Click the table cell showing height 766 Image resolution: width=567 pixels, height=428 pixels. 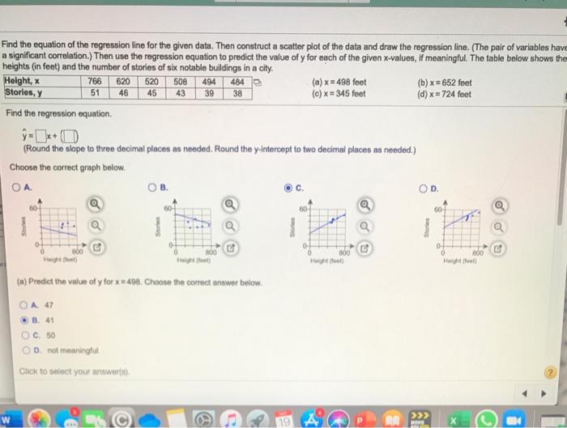pos(94,82)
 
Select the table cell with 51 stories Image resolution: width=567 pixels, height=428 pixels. pos(94,92)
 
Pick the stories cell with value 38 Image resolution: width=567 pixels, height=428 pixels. pos(237,92)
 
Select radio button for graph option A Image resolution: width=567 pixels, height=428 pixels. pos(16,189)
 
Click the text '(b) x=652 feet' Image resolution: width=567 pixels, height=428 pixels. pos(444,83)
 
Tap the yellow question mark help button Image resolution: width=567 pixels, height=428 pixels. pos(552,371)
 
